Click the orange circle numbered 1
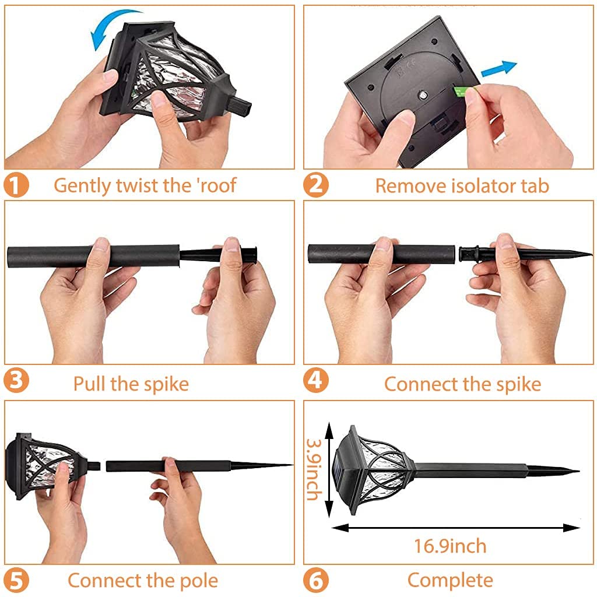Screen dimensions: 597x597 click(x=16, y=185)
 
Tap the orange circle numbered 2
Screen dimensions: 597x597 click(x=315, y=185)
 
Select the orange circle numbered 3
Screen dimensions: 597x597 click(x=16, y=381)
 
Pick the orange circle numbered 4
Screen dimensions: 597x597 click(x=315, y=380)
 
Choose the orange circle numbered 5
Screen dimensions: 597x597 click(x=16, y=581)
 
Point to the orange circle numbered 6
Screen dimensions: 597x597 click(x=315, y=580)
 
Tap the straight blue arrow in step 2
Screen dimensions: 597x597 click(x=499, y=69)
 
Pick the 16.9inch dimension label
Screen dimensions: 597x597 click(x=450, y=546)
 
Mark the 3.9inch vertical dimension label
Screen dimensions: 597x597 click(x=314, y=469)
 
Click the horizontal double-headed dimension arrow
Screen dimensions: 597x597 click(x=456, y=528)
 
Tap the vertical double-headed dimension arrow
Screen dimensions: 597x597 click(x=329, y=469)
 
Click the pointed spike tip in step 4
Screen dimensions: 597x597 click(x=592, y=254)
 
